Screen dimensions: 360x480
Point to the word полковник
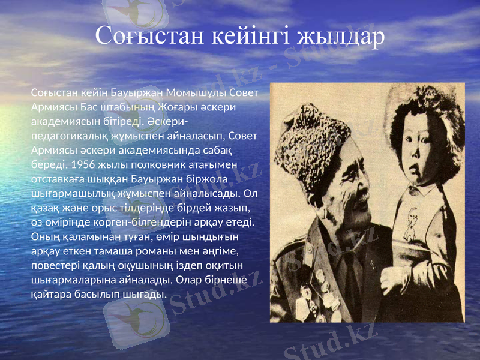[x=151, y=164]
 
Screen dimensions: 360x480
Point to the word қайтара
[x=52, y=293]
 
